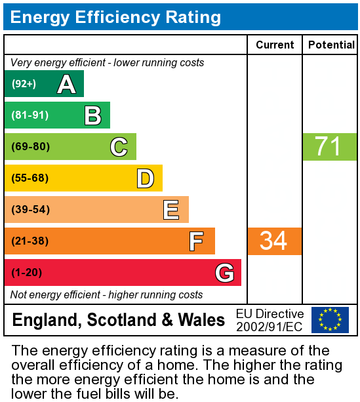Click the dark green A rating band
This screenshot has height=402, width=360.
[44, 84]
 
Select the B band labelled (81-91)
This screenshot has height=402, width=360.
[57, 115]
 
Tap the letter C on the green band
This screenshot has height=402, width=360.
[119, 147]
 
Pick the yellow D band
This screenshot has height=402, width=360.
[83, 178]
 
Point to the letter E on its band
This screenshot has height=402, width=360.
[171, 210]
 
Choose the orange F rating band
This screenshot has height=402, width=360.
[110, 241]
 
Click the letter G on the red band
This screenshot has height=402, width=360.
[224, 273]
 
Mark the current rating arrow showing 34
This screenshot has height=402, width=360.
[274, 241]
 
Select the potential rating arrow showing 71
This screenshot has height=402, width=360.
[329, 147]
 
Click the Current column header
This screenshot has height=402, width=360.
[275, 45]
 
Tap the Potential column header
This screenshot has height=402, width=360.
[331, 45]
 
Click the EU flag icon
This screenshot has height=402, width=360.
[330, 320]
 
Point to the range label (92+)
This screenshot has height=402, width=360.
[24, 84]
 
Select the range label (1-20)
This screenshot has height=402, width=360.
[26, 273]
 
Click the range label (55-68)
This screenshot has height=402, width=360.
[30, 178]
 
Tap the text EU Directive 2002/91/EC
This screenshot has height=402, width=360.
[270, 320]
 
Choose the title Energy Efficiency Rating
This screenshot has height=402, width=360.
[115, 17]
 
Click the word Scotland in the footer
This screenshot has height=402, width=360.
[123, 320]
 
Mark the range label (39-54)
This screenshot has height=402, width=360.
[30, 210]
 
